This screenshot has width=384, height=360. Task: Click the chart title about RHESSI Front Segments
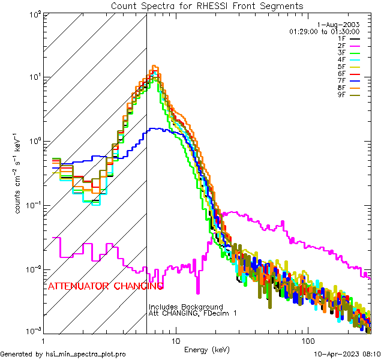(x=207, y=6)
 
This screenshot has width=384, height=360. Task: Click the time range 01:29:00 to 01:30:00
(x=324, y=31)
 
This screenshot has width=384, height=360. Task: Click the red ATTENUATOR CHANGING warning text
(x=106, y=286)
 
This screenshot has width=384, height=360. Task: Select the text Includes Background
(x=186, y=307)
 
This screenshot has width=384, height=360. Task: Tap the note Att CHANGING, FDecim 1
(x=193, y=314)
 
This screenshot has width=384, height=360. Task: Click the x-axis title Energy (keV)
(x=206, y=350)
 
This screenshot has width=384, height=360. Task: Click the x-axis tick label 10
(x=175, y=341)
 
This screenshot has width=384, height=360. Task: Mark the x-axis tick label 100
(x=307, y=341)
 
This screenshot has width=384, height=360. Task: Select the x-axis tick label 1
(x=42, y=341)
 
